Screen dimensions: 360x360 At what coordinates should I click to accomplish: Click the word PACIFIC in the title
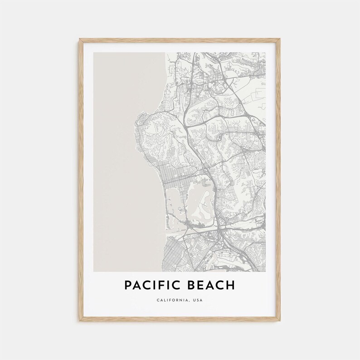tap(151, 286)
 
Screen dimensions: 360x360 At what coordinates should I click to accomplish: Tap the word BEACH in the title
tap(212, 286)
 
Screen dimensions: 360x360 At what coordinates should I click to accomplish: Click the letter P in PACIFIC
tap(127, 286)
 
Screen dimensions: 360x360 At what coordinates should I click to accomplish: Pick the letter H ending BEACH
tap(231, 286)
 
